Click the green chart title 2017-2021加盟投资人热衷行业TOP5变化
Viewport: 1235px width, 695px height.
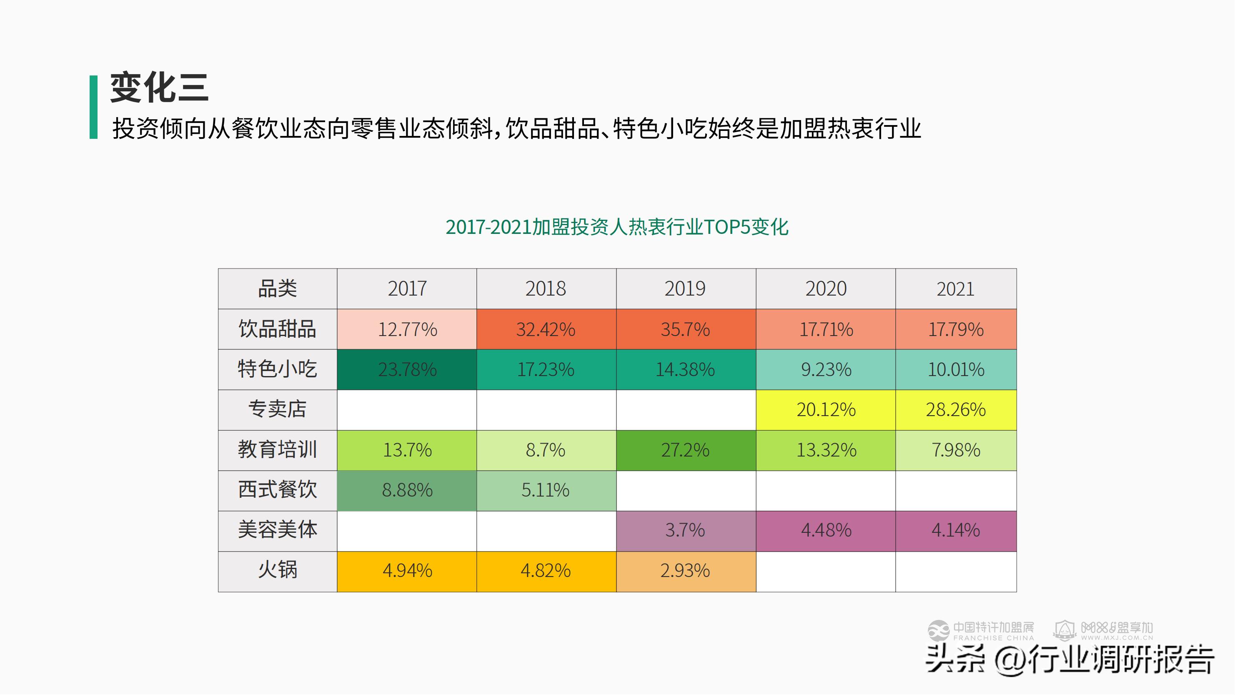coord(616,227)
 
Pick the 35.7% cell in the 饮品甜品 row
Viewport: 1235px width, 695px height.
coord(686,329)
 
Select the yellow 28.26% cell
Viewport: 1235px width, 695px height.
coord(955,409)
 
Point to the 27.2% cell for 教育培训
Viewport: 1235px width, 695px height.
coord(686,450)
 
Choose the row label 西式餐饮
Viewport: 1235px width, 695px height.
coord(277,490)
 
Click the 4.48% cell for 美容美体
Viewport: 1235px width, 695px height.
coord(826,530)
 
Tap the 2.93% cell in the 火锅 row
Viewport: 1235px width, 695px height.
coord(686,571)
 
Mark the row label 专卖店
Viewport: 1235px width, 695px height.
coord(277,409)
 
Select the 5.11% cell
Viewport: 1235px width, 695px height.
coord(546,490)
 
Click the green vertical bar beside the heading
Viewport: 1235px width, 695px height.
coord(93,107)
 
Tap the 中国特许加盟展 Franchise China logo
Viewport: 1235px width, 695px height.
coord(981,631)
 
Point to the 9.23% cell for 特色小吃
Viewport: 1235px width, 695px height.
coord(826,369)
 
